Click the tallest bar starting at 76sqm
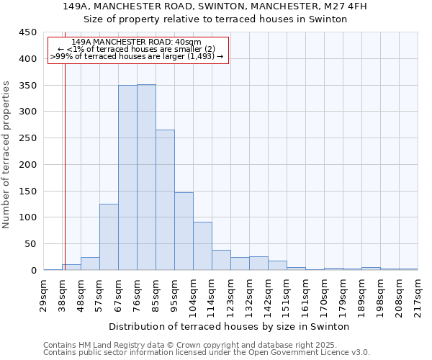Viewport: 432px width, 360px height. click(146, 177)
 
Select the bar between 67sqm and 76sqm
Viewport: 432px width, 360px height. click(127, 178)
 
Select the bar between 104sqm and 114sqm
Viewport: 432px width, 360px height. click(202, 246)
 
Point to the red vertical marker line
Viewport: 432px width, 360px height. click(65, 166)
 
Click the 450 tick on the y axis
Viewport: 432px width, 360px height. click(28, 32)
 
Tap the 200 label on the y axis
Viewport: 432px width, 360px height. click(28, 165)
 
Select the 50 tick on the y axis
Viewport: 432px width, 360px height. click(31, 244)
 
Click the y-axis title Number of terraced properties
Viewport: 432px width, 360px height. click(6, 155)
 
